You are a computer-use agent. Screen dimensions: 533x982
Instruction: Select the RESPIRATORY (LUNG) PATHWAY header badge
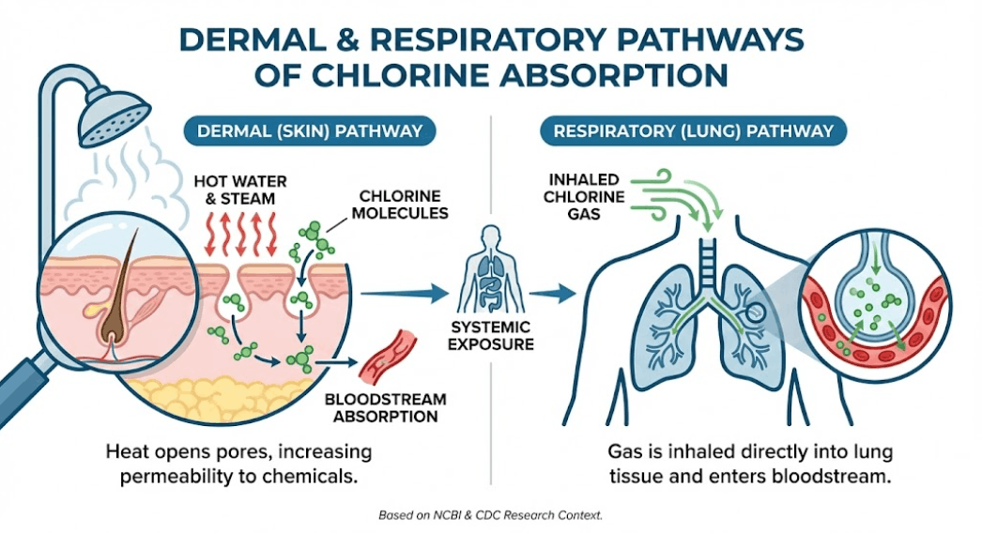pyautogui.click(x=693, y=130)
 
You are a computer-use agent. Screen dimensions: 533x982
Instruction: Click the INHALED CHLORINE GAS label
pyautogui.click(x=585, y=195)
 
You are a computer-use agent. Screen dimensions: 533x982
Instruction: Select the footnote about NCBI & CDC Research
pyautogui.click(x=491, y=515)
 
